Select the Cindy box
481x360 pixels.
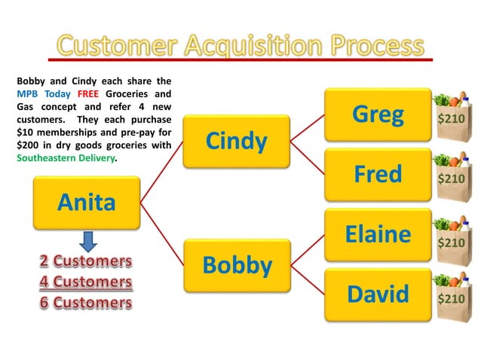pos(237,142)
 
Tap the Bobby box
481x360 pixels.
pos(237,265)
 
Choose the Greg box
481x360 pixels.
pos(378,114)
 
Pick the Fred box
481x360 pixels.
pos(378,174)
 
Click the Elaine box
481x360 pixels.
pos(378,234)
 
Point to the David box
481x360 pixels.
pos(378,294)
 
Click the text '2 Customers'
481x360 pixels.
pos(85,261)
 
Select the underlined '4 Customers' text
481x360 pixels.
pos(85,282)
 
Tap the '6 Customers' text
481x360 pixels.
pos(85,303)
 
